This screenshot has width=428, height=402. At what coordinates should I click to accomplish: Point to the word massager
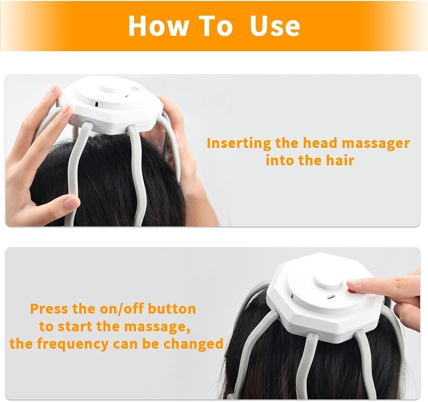(x=376, y=143)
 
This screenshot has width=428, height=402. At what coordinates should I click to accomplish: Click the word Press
(x=49, y=309)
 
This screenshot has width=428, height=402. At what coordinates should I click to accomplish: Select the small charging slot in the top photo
(x=97, y=104)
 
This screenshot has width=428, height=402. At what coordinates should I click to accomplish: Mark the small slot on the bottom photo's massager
(x=330, y=297)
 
